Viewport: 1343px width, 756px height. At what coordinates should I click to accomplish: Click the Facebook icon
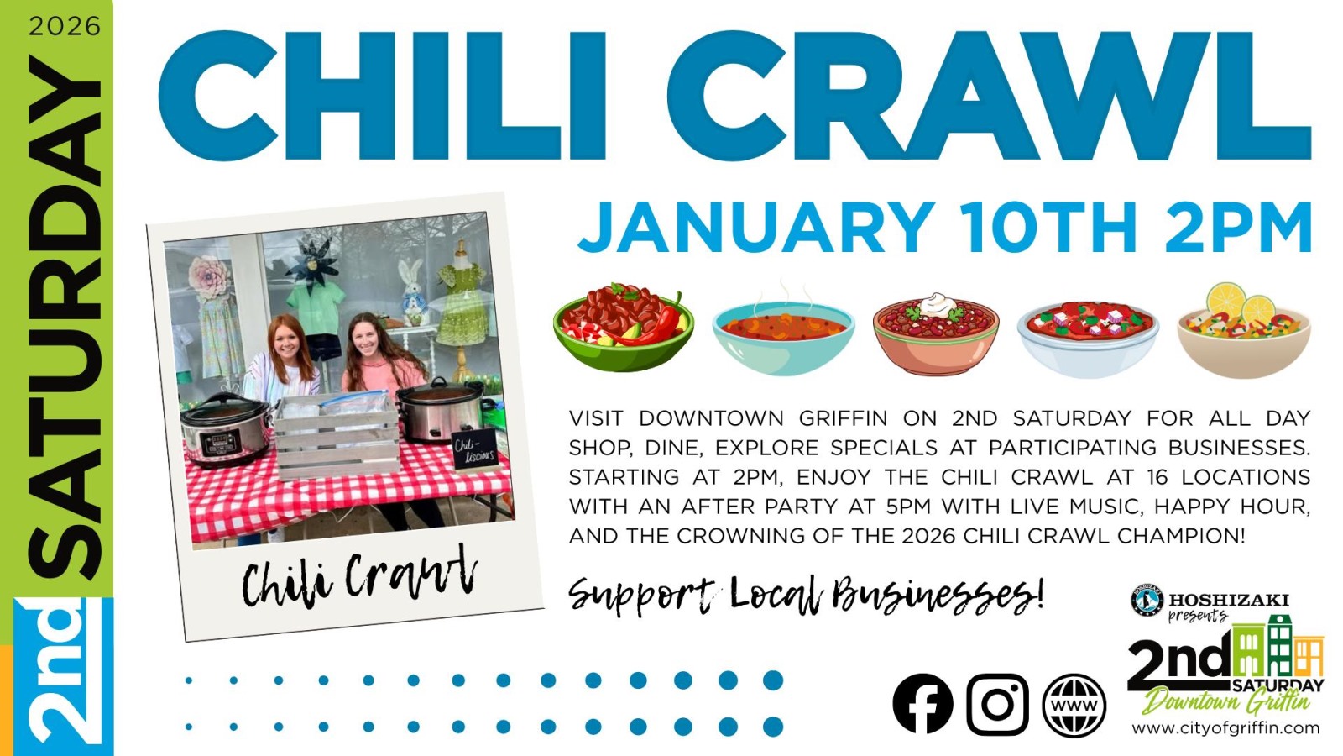point(922,704)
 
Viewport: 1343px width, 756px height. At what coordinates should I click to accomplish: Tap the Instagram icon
point(997,705)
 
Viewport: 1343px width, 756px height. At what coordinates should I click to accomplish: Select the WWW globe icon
point(1074,705)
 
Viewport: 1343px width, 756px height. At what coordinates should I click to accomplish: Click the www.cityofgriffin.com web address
point(1225,728)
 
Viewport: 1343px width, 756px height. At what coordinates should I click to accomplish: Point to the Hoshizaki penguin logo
point(1147,601)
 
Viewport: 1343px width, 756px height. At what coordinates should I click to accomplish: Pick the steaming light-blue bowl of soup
point(783,336)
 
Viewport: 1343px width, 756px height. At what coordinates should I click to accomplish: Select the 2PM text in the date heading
point(1238,228)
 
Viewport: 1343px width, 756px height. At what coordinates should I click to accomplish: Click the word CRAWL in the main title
point(990,95)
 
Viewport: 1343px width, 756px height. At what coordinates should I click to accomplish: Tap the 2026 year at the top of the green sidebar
point(64,26)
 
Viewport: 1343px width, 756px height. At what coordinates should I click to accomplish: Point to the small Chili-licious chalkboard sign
point(475,450)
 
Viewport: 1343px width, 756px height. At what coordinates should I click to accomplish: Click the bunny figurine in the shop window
point(412,291)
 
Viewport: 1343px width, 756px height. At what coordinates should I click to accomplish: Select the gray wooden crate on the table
point(337,437)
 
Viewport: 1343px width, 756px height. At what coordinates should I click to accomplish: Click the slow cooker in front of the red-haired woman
point(226,430)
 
